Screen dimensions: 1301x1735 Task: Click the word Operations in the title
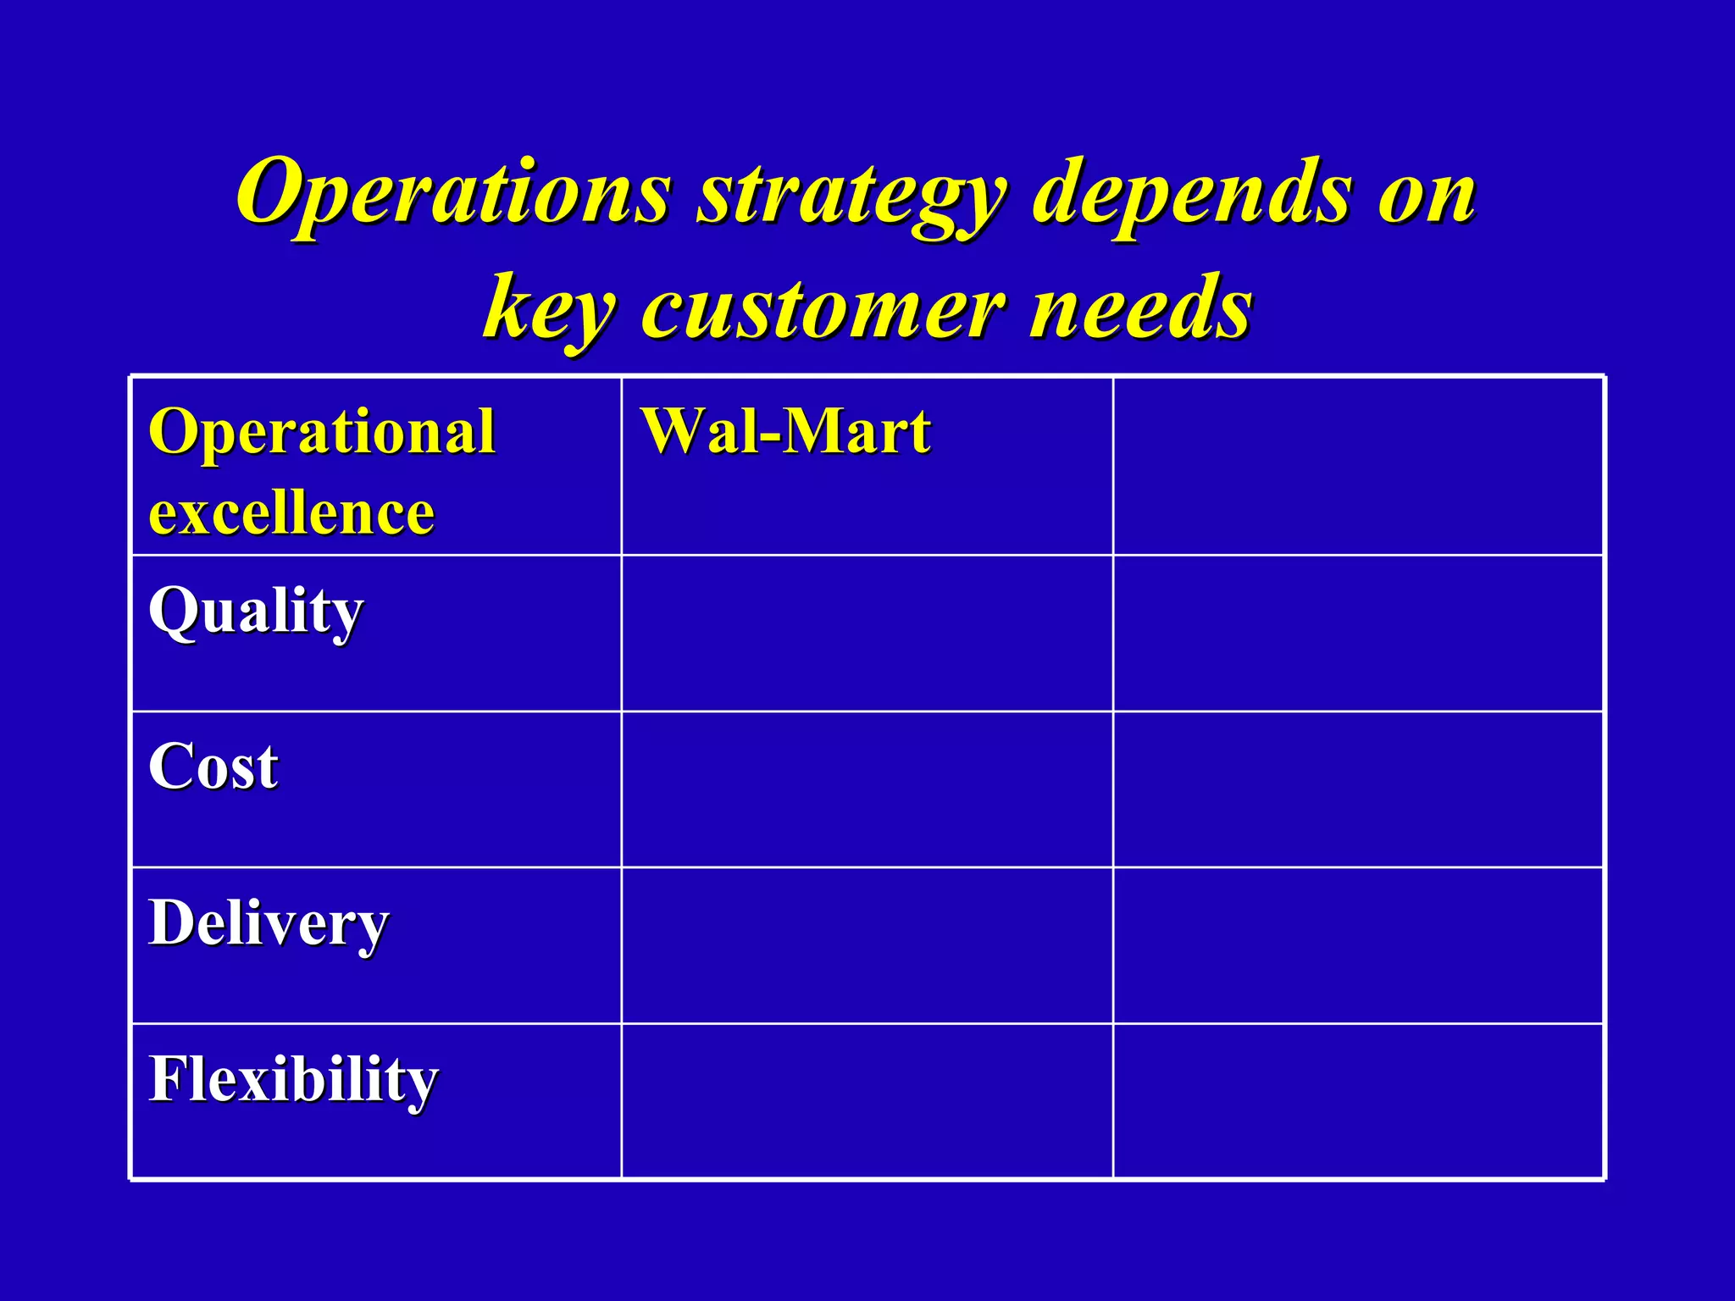[453, 192]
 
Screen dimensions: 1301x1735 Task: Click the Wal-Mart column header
[785, 431]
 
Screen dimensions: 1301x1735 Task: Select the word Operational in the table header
[322, 431]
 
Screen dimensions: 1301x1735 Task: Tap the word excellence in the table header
[291, 512]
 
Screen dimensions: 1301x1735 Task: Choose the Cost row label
[213, 767]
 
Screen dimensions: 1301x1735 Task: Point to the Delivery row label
[269, 923]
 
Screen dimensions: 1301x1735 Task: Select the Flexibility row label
[293, 1080]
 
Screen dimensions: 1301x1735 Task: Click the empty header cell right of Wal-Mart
[1358, 467]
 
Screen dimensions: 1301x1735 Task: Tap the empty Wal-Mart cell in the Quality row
[867, 634]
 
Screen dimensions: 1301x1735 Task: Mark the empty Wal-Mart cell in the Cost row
[867, 789]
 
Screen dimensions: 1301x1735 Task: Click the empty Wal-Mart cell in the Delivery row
[867, 945]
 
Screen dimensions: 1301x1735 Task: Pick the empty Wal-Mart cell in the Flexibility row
[867, 1101]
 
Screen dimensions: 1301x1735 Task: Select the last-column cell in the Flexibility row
[1358, 1101]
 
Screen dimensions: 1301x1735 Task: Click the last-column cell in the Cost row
[1358, 789]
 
